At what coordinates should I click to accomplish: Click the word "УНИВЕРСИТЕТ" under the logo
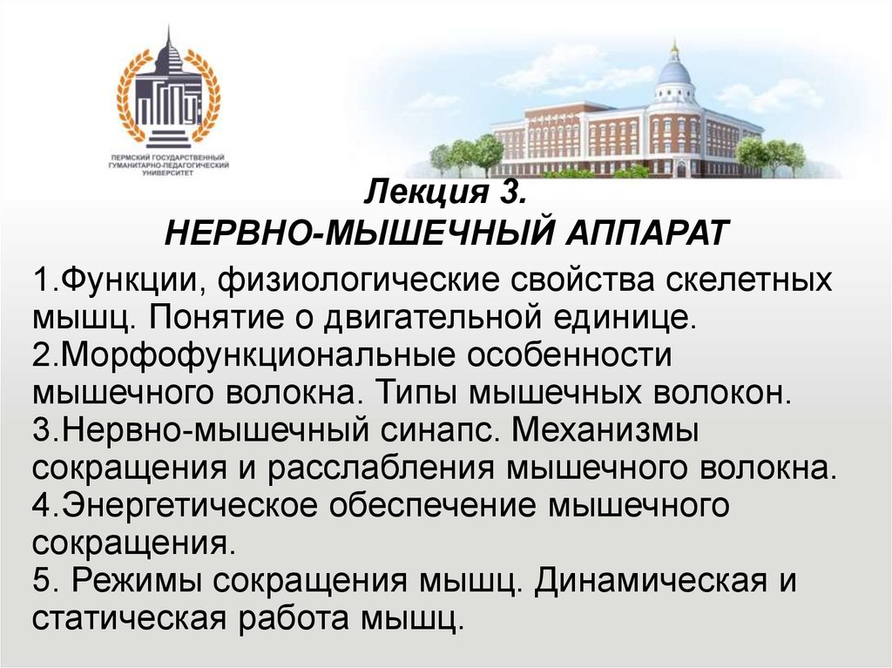tap(168, 172)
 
